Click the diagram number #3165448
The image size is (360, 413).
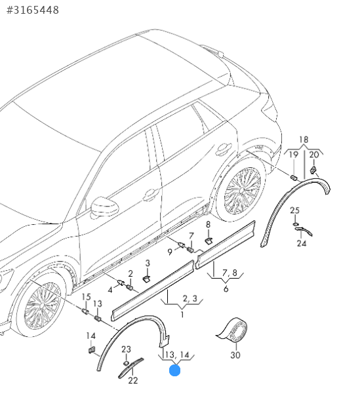(x=33, y=10)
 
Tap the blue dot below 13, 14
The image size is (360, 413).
(x=174, y=370)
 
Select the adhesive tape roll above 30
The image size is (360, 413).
(x=232, y=330)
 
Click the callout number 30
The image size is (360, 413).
(x=235, y=355)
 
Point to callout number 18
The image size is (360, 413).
(x=304, y=140)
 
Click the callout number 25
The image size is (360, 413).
(x=295, y=210)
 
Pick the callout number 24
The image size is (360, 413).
(x=302, y=243)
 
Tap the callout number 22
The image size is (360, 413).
(x=133, y=380)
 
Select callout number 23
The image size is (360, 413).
(x=126, y=349)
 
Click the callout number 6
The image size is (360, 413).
(x=226, y=289)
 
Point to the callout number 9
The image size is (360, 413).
(x=170, y=252)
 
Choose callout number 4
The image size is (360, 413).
(x=110, y=290)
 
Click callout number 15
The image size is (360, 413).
(x=86, y=297)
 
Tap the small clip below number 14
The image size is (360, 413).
(x=91, y=350)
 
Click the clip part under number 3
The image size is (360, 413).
(x=146, y=279)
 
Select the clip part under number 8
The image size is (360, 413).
(x=209, y=241)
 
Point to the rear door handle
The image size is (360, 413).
(x=224, y=148)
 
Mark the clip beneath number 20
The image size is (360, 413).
(x=313, y=170)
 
